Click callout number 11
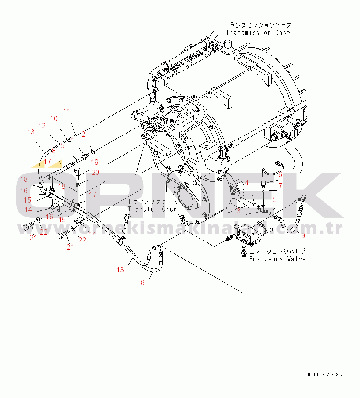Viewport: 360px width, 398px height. point(66,112)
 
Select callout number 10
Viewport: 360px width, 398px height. point(54,119)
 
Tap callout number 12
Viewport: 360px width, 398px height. point(42,126)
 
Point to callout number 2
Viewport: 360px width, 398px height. point(83,134)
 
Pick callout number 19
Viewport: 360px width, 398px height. point(95,162)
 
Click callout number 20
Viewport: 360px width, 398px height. point(95,172)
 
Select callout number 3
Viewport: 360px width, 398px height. point(238,211)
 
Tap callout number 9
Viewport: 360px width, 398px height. point(302,235)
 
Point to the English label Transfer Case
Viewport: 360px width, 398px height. point(152,210)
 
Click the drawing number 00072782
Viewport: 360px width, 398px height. point(325,375)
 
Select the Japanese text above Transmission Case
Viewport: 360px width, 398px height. point(258,25)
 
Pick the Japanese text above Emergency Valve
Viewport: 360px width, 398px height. point(277,252)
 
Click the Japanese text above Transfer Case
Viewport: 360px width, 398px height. point(153,202)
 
